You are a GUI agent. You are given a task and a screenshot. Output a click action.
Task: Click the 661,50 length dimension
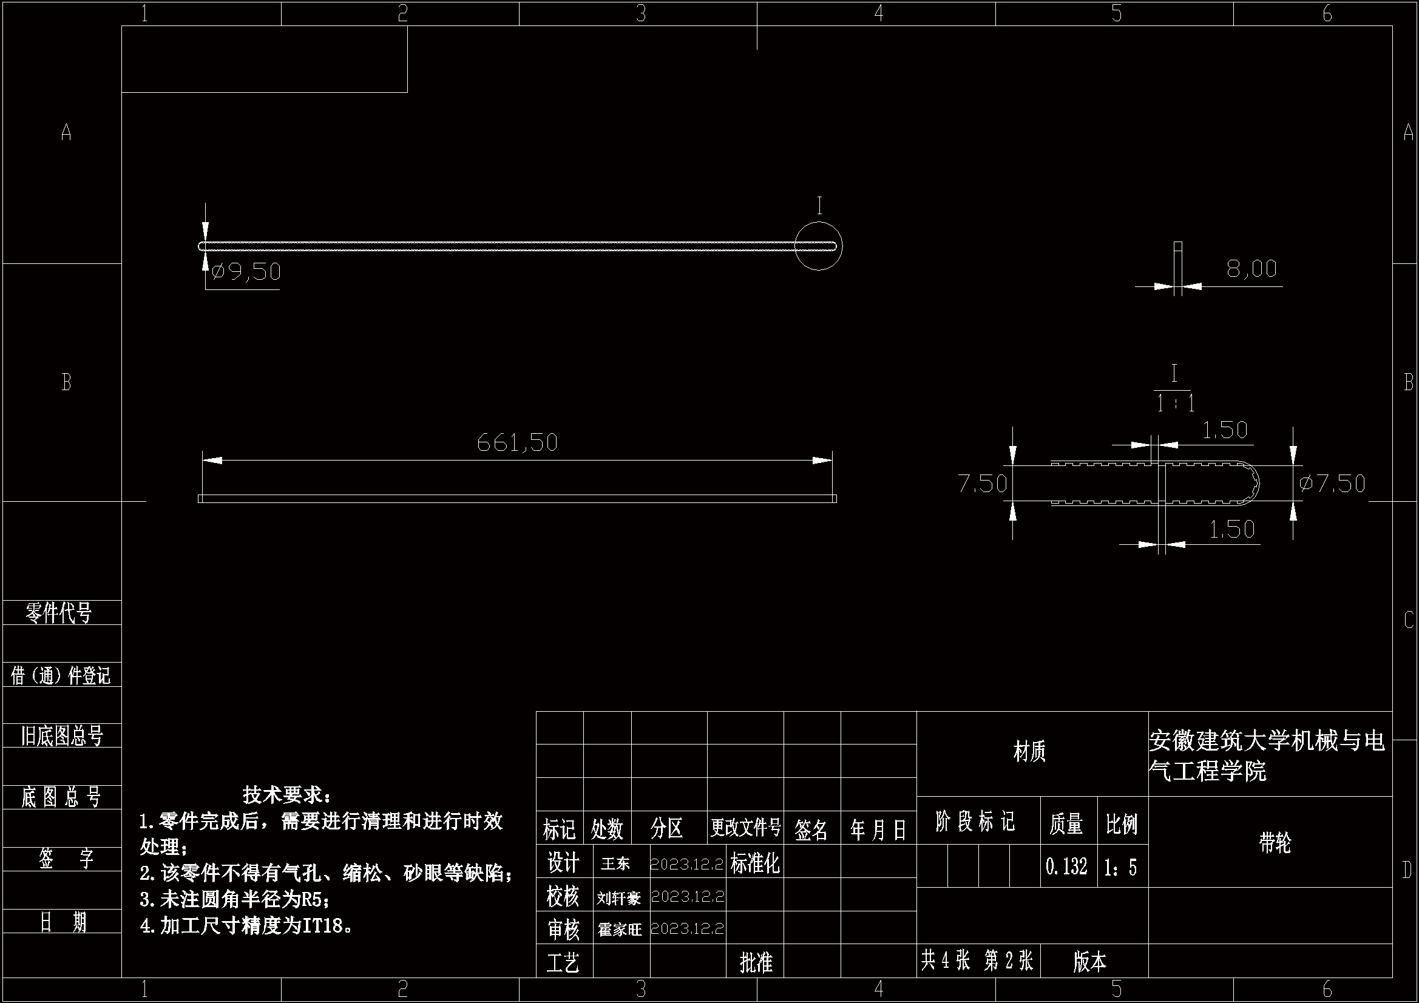(x=517, y=442)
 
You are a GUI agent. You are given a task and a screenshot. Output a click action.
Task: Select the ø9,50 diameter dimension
(x=246, y=272)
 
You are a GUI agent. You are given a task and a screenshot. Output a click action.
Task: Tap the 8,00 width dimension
(x=1251, y=269)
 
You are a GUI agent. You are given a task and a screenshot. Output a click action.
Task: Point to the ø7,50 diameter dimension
(x=1332, y=483)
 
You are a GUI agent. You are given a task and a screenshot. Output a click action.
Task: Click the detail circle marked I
(x=818, y=246)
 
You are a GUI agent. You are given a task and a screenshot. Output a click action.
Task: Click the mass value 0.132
(x=1066, y=866)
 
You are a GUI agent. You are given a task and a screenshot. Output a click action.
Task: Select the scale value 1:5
(x=1120, y=867)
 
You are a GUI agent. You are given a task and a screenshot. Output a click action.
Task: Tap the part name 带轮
(x=1275, y=843)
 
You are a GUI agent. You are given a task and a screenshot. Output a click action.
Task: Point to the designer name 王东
(x=615, y=863)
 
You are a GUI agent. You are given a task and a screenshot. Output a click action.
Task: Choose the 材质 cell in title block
(x=1029, y=751)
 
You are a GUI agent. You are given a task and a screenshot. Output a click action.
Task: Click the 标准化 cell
(x=754, y=863)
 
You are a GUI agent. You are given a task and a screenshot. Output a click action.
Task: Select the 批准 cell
(x=756, y=962)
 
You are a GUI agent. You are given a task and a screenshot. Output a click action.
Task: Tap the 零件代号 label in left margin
(x=59, y=612)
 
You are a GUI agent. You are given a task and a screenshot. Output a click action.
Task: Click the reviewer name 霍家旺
(x=619, y=929)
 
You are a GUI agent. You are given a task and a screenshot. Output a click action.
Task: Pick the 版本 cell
(x=1089, y=961)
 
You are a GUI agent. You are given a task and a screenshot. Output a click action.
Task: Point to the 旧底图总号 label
(x=61, y=735)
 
